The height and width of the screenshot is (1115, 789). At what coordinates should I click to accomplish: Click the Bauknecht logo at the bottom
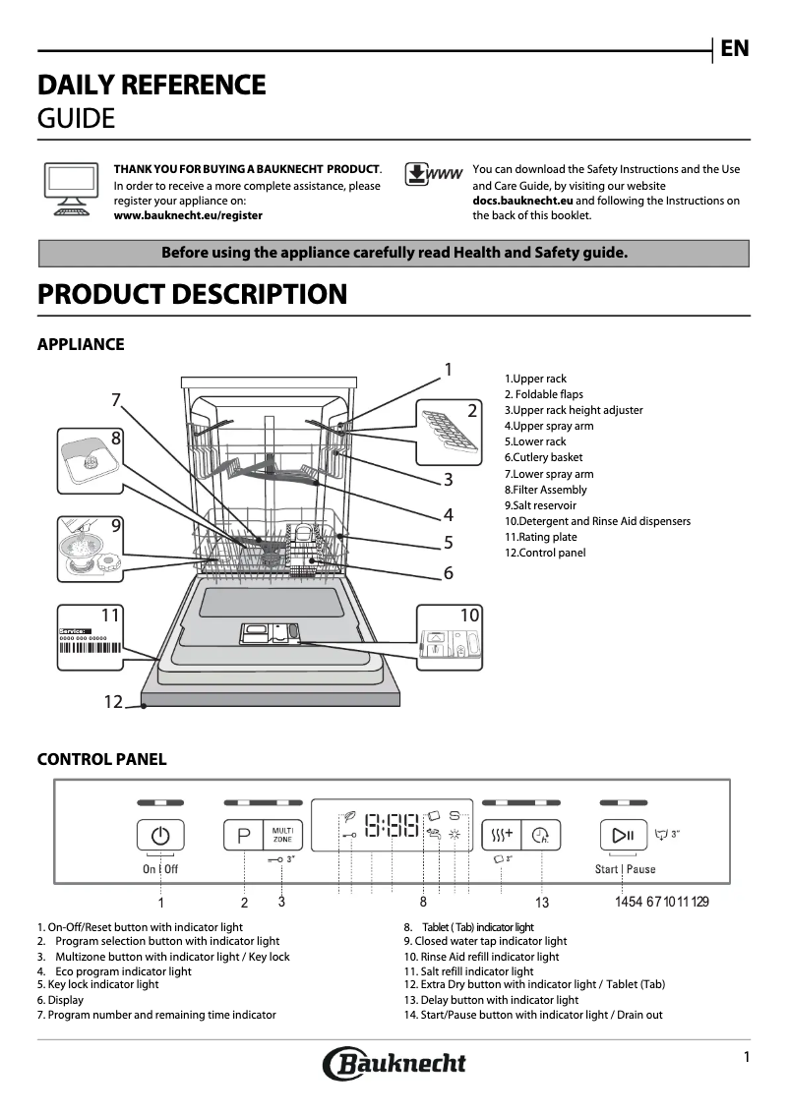[394, 1063]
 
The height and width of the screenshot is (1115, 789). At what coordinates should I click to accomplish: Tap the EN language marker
[734, 48]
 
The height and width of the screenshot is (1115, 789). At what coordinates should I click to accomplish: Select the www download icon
[433, 174]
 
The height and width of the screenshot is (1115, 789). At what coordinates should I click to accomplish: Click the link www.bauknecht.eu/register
[188, 215]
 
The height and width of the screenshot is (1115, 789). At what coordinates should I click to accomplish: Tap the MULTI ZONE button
[283, 837]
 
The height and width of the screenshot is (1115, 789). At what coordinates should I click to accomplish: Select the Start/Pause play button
[623, 836]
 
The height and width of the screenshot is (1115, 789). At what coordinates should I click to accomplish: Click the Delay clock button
[540, 836]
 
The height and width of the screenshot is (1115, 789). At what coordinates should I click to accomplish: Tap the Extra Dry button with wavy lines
[501, 836]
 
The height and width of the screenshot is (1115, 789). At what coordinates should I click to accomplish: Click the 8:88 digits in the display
[391, 826]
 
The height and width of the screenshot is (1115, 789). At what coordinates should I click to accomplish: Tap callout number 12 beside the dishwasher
[114, 702]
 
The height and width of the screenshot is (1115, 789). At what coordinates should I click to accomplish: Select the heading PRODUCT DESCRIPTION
[192, 294]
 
